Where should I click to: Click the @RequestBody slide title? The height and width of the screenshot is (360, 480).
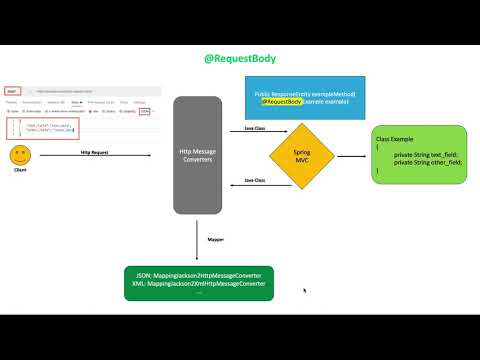[x=240, y=59]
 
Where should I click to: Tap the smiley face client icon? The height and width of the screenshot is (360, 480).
[x=18, y=156]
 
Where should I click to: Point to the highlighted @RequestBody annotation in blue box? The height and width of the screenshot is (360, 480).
[x=282, y=101]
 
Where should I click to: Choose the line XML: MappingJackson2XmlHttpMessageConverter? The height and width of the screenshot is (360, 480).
[x=199, y=283]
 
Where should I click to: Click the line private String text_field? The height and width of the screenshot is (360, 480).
[x=426, y=155]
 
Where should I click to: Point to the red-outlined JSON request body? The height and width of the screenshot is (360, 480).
[x=44, y=128]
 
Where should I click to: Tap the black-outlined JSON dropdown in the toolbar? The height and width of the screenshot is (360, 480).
[x=145, y=112]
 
